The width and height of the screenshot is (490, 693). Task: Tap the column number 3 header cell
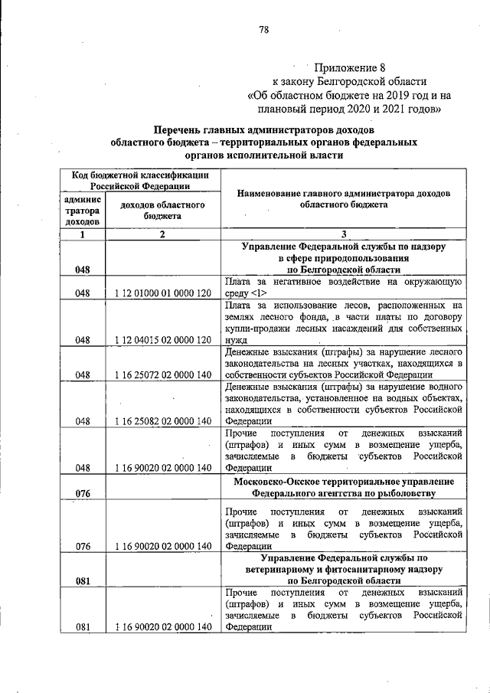pos(344,235)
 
